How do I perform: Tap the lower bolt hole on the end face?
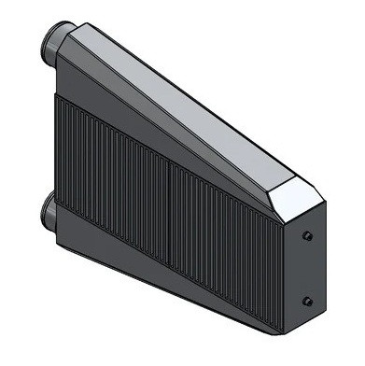pyautogui.click(x=308, y=301)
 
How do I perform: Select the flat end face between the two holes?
pyautogui.click(x=308, y=269)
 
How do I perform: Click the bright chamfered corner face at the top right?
pyautogui.click(x=297, y=198)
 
